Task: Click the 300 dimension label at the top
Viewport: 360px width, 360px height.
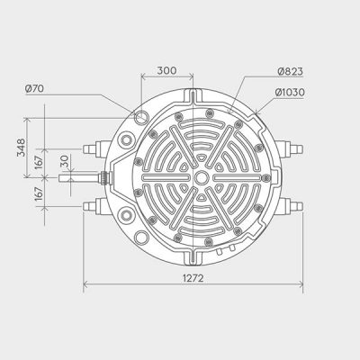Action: (166, 69)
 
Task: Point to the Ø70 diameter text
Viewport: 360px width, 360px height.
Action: (35, 88)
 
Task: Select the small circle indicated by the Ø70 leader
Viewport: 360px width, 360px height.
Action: (141, 117)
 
